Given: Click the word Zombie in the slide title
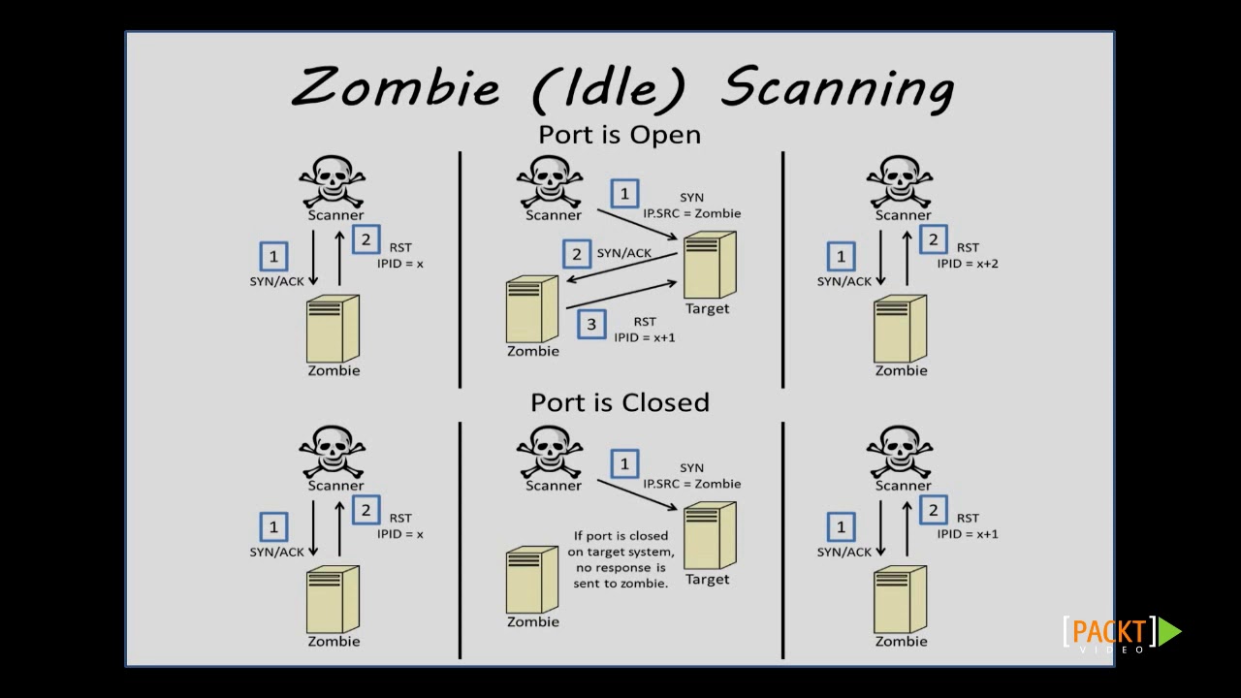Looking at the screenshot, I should pos(396,87).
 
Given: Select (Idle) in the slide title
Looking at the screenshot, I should pos(610,87).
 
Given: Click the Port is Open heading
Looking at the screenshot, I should pos(620,135).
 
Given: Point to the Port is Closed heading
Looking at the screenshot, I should pos(620,402).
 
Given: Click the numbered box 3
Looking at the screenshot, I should pos(591,325).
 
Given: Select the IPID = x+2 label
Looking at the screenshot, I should pos(967,264).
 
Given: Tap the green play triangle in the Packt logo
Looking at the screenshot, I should pos(1169,632).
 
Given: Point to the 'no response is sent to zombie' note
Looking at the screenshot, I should pos(620,559).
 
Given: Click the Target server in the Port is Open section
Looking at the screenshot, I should pos(709,266).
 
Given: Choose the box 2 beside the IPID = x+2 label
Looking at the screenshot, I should pos(933,239).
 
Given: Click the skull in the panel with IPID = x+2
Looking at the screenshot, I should pos(900,180).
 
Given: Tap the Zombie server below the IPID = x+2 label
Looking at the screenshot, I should pos(900,330).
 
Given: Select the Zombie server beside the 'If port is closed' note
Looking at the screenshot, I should pos(531,580).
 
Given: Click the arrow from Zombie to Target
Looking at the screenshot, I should pos(620,296).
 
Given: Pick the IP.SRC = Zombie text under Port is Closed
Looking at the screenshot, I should pos(691,484).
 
